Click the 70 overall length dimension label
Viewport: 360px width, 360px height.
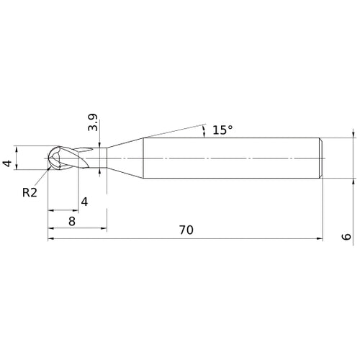[x=186, y=230]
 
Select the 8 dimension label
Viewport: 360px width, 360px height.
[x=72, y=222]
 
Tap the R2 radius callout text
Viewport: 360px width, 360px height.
[x=30, y=192]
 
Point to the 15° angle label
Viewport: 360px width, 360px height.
[x=222, y=130]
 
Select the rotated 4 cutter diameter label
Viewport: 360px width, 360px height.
[x=7, y=163]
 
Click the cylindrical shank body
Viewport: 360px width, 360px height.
[x=230, y=157]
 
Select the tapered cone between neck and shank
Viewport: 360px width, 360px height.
[x=126, y=157]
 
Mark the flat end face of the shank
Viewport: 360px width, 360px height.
[x=320, y=157]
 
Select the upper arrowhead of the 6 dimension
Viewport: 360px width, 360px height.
[x=353, y=134]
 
